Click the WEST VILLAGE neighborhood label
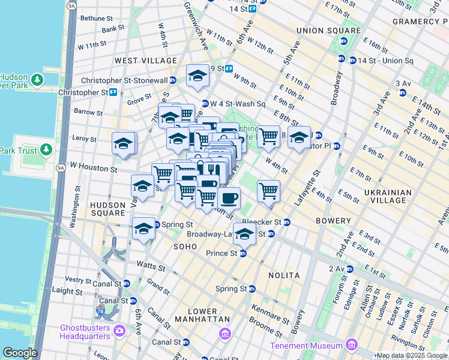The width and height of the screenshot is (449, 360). click(x=146, y=61)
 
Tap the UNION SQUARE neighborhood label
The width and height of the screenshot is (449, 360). click(x=328, y=31)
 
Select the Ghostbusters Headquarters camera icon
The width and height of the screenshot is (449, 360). click(x=119, y=331)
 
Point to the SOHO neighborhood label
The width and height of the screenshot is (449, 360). click(x=185, y=247)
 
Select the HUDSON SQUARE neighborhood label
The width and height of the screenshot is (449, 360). click(x=107, y=209)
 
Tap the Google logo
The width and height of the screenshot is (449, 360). click(x=20, y=353)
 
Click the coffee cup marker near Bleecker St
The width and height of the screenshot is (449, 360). click(x=229, y=197)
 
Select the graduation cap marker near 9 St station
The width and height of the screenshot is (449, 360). click(x=197, y=76)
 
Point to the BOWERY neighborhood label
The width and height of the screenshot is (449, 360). click(x=333, y=221)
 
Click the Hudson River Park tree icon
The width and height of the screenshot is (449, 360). click(x=37, y=79)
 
